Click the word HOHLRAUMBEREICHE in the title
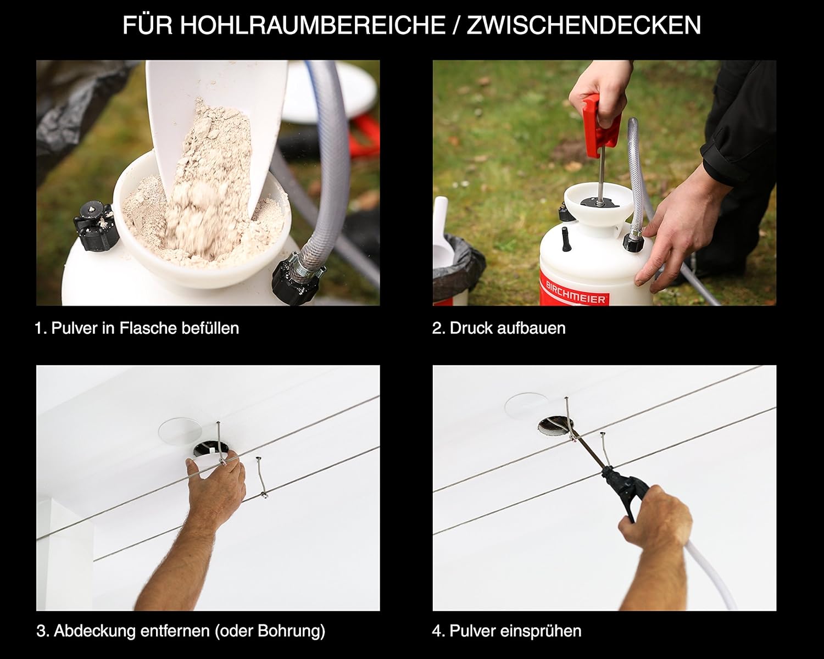coord(313,25)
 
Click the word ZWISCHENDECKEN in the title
coord(583,25)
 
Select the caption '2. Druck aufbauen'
coord(499,328)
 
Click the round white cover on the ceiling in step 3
coord(180,432)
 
